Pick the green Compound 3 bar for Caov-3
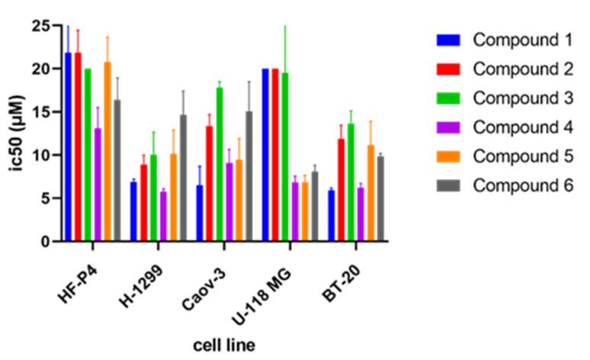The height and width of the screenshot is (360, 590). click(x=220, y=164)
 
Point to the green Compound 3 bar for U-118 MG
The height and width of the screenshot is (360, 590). click(x=285, y=157)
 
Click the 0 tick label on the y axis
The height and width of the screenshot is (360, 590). click(x=46, y=242)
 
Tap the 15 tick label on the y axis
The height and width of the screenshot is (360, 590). click(x=42, y=112)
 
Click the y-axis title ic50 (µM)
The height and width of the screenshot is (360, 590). click(x=15, y=134)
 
